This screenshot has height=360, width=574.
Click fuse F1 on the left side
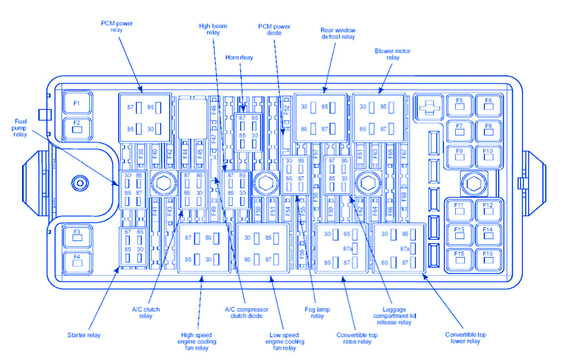pos(77,105)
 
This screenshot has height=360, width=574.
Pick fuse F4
pos(77,260)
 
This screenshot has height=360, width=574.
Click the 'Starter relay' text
pos(84,335)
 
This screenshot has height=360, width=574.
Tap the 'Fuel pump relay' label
pos(21,129)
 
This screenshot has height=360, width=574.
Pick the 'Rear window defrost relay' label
pos(337,34)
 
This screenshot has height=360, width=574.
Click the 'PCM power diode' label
pos(274,30)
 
